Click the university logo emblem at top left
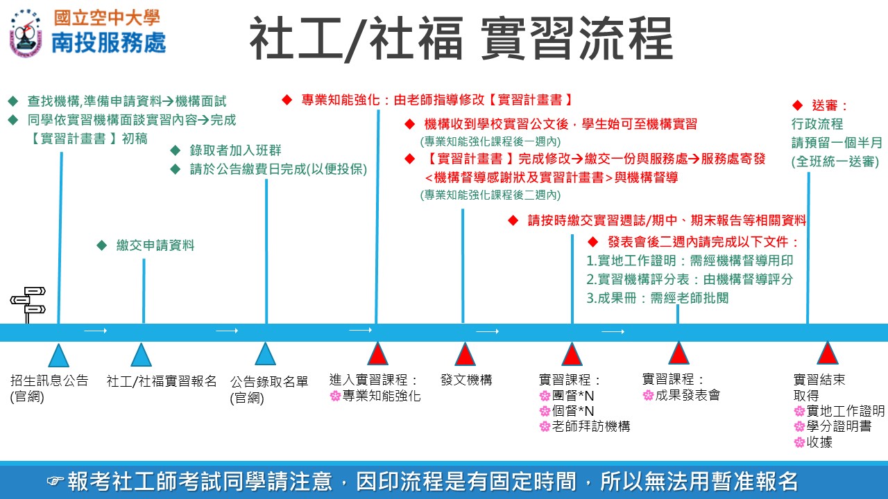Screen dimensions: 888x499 [x=26, y=32]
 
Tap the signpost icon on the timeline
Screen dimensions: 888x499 [x=28, y=304]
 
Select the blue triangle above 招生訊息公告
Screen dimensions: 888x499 [x=58, y=356]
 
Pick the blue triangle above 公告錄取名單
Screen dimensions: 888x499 [x=266, y=354]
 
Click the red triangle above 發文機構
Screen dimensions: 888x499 [x=464, y=354]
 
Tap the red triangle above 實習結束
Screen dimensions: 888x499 [x=827, y=353]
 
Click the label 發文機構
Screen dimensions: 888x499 [x=466, y=380]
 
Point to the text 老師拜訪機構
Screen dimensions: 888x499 [x=590, y=426]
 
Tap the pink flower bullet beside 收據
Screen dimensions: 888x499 [x=799, y=442]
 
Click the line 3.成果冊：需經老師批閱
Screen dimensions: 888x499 [x=657, y=298]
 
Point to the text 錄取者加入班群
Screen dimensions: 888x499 [x=235, y=150]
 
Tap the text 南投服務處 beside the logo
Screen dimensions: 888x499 [x=109, y=43]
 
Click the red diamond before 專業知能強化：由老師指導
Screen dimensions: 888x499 [x=287, y=100]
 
